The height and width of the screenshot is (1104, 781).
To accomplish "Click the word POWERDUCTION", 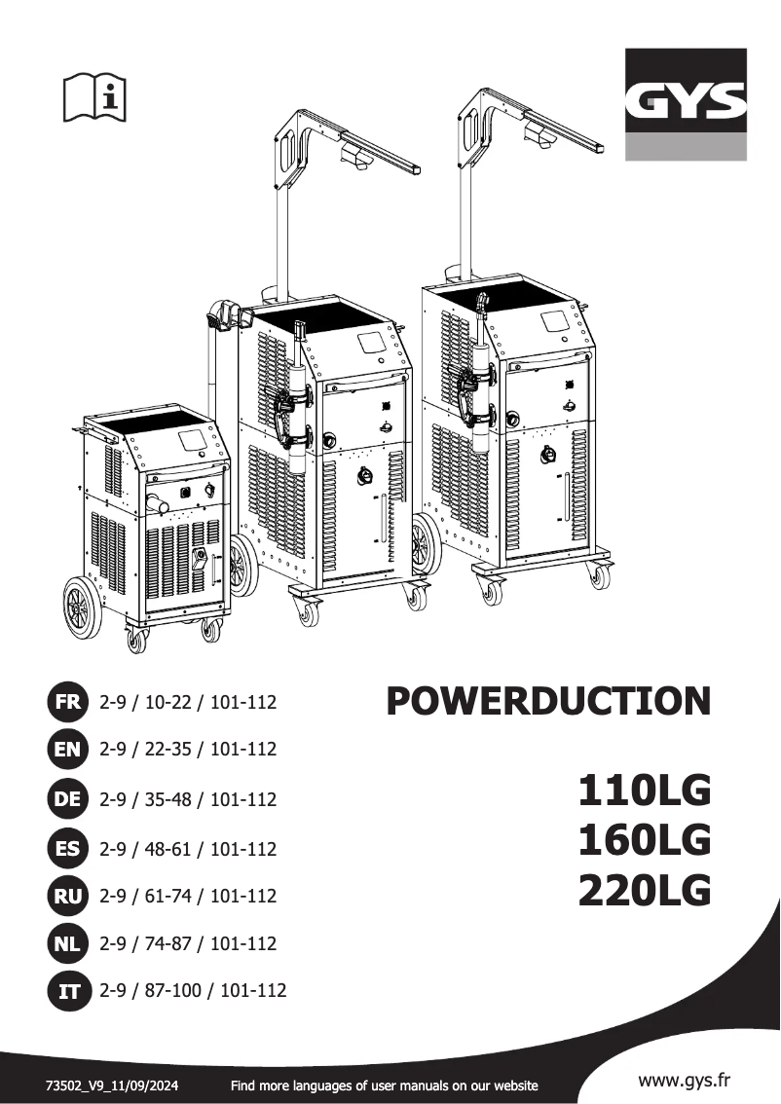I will tap(548, 702).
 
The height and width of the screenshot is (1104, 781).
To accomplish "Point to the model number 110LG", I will tap(644, 791).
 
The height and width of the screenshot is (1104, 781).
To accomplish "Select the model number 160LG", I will tap(644, 840).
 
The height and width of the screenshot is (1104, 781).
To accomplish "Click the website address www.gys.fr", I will tap(685, 1080).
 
